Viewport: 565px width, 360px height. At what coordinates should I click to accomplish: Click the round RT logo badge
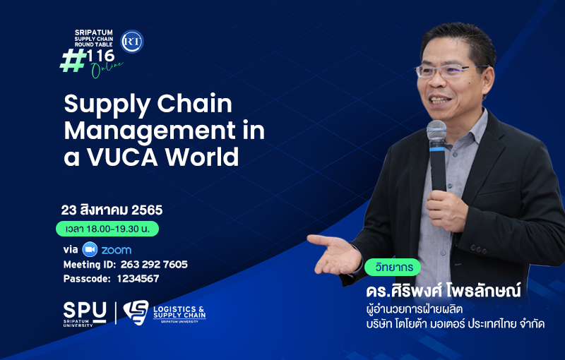132,42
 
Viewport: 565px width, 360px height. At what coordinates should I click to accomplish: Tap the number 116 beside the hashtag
100,56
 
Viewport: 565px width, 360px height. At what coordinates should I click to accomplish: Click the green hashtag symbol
73,61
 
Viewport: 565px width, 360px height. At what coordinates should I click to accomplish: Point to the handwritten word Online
107,69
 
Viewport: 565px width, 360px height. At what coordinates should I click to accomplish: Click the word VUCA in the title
123,157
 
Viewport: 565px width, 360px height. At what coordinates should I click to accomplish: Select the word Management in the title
150,131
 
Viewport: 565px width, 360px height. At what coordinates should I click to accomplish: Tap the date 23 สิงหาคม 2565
112,210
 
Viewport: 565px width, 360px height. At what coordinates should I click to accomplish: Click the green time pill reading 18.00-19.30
107,229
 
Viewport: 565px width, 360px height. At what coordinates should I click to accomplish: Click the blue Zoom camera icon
90,249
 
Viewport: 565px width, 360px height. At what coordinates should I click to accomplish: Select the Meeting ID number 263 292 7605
154,265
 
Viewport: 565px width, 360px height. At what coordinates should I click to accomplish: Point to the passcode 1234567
138,279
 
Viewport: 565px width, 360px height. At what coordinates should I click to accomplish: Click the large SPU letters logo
85,311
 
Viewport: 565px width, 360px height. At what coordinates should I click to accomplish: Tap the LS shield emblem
136,312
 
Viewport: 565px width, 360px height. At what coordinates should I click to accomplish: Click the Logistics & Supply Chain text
179,312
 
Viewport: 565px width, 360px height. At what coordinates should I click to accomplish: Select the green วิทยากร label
393,267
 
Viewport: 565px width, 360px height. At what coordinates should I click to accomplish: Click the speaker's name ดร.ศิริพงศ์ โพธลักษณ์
444,290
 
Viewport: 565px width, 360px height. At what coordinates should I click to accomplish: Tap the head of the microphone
436,130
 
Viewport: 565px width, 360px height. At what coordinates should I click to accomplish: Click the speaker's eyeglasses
448,71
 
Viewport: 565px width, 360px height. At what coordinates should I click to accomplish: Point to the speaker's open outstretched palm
335,254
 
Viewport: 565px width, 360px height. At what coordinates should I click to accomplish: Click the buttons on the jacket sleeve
476,248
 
